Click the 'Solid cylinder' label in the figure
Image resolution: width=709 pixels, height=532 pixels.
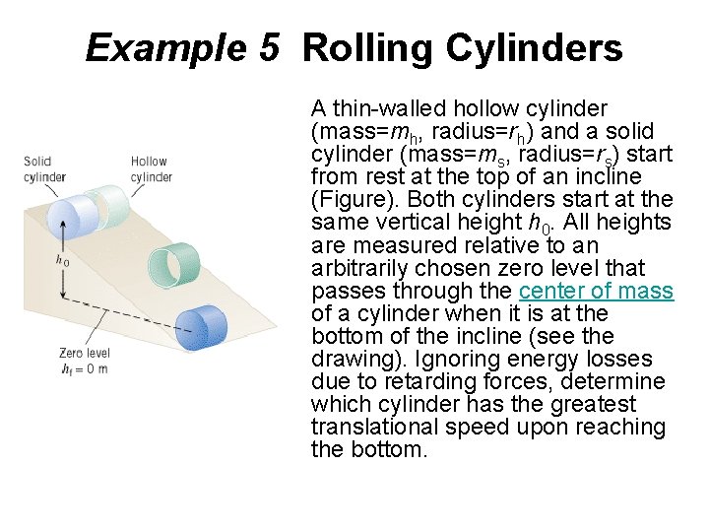[x=44, y=168]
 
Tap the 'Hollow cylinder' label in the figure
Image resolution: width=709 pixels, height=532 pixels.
[x=151, y=168]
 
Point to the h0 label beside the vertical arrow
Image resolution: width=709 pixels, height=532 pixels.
[x=62, y=262]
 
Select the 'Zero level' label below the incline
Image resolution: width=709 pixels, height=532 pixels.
[x=84, y=353]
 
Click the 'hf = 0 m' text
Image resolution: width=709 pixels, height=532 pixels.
[x=83, y=369]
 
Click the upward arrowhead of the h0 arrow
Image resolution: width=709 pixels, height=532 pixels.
[x=61, y=224]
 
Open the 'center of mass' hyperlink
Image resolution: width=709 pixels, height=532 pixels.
[x=596, y=291]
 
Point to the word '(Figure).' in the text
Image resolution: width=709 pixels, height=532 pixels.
[x=350, y=200]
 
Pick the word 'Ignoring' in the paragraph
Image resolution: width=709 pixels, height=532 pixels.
[x=440, y=359]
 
